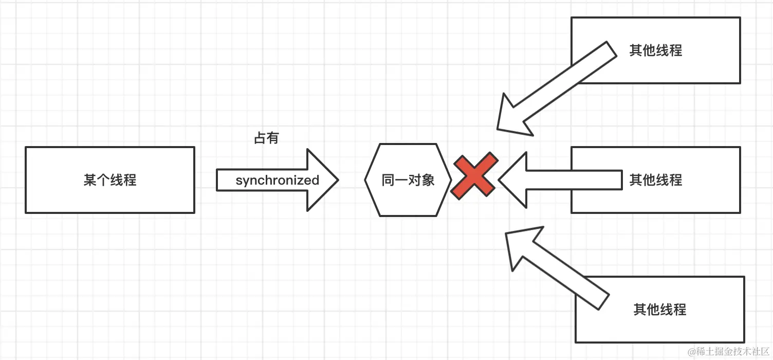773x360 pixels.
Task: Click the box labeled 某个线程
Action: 109,180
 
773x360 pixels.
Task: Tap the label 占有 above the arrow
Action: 266,138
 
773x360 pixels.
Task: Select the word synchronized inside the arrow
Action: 277,181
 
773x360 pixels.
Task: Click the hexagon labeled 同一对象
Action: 408,180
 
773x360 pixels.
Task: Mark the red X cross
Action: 474,175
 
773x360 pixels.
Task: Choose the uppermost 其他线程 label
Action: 655,50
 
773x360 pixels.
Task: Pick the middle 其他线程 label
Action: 655,180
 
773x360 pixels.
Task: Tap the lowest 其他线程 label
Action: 659,310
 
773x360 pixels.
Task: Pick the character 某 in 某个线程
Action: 89,181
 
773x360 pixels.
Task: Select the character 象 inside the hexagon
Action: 428,181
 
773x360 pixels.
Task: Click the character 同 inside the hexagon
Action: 388,181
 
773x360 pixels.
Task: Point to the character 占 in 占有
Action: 260,138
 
